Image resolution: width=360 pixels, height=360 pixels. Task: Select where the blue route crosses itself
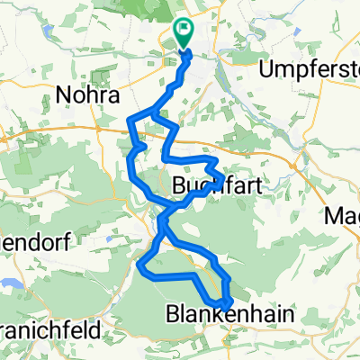163,218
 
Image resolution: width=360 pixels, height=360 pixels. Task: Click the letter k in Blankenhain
211,314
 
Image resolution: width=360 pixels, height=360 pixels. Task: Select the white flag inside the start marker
184,30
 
